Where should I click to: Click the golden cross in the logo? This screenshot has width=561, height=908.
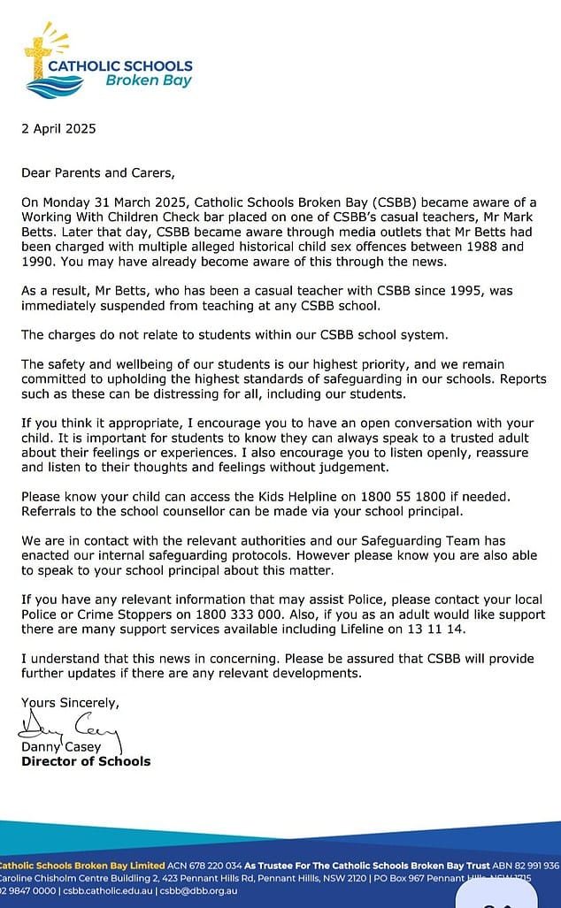[x=39, y=54]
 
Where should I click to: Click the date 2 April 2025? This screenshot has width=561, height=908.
[x=58, y=128]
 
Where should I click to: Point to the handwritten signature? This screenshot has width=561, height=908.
[x=67, y=730]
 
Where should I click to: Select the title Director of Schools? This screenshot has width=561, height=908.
[x=86, y=761]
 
